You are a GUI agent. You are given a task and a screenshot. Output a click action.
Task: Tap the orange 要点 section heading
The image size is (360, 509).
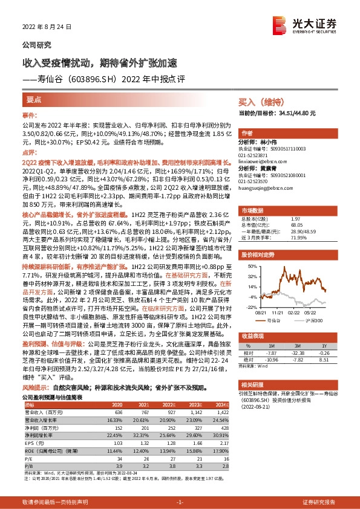[34, 99]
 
